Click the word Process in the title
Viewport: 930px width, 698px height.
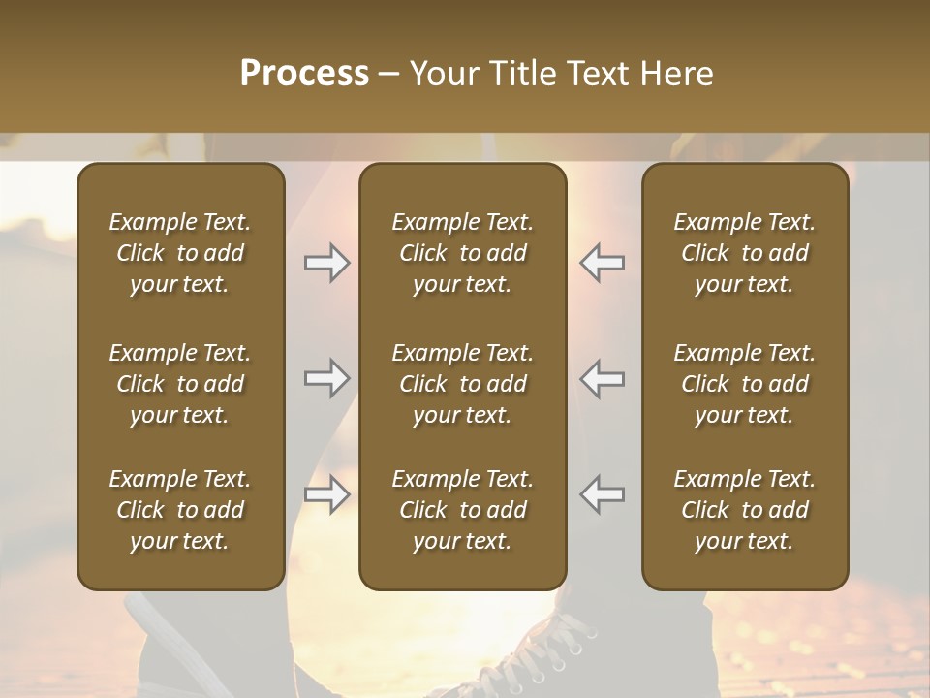point(304,74)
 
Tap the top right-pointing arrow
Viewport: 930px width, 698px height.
point(326,263)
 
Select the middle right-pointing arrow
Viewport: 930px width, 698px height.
point(326,378)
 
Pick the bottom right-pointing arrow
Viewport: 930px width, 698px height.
point(326,495)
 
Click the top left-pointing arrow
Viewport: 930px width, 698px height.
point(603,263)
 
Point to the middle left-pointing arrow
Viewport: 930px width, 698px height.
point(603,378)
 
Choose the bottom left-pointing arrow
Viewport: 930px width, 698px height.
point(603,495)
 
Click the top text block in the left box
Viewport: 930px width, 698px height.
point(180,253)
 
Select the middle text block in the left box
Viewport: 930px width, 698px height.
point(180,384)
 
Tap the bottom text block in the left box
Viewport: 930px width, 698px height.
point(180,510)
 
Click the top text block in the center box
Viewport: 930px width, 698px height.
point(462,253)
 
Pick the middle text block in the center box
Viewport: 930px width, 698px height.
point(462,384)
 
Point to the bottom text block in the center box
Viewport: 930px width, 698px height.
point(462,510)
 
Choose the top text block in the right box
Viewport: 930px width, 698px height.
point(744,253)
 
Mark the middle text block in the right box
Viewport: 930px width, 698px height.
point(744,384)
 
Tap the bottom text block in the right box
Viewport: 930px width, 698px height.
point(744,510)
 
